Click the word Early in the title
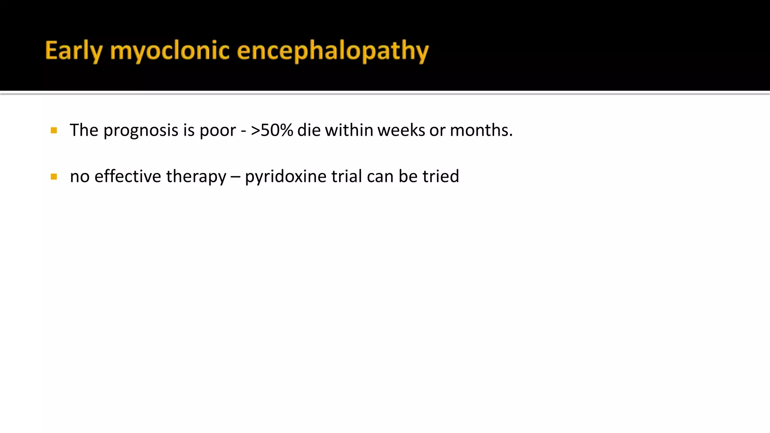[x=74, y=51]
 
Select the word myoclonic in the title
[x=170, y=51]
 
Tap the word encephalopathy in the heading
[x=333, y=51]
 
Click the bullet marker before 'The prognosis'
[x=54, y=130]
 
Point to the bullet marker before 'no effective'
[x=54, y=177]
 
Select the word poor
[x=218, y=131]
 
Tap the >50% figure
[x=272, y=130]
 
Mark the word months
[x=481, y=130]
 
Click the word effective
[x=128, y=176]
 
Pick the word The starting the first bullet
[x=84, y=130]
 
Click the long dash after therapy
[x=235, y=177]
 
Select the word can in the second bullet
[x=380, y=177]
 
